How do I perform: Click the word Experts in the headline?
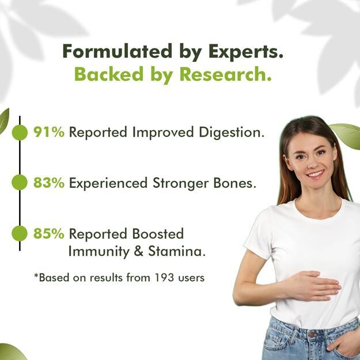[x=245, y=52]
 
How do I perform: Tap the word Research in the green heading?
[x=225, y=74]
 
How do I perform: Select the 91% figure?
[x=49, y=132]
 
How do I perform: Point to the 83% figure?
[x=49, y=183]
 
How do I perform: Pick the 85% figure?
[x=49, y=233]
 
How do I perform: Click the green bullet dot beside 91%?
[x=20, y=132]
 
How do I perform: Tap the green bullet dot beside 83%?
[x=20, y=182]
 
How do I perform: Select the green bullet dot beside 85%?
[x=20, y=233]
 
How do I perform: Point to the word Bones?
[x=234, y=183]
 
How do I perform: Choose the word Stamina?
[x=177, y=251]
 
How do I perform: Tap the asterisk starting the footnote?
[x=36, y=275]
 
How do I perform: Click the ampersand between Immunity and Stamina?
[x=139, y=251]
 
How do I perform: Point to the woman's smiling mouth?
[x=316, y=173]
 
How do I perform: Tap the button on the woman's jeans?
[x=312, y=335]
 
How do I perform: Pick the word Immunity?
[x=99, y=252]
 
